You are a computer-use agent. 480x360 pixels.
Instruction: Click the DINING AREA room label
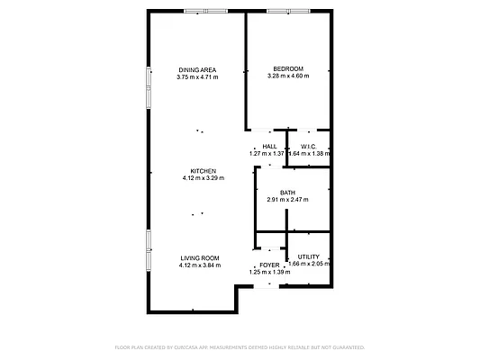(x=197, y=69)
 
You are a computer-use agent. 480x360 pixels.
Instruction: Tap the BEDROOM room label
(x=288, y=69)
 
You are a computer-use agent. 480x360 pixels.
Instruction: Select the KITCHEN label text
(x=203, y=171)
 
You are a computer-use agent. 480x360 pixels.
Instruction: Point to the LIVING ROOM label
(x=200, y=257)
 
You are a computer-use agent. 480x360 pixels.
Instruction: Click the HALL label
(x=268, y=146)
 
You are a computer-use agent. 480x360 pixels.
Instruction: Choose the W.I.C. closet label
(x=309, y=146)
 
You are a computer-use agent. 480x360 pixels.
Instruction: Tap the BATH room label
(x=288, y=192)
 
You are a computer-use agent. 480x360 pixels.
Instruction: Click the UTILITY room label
(x=309, y=256)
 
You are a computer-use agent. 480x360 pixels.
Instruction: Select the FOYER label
(x=269, y=265)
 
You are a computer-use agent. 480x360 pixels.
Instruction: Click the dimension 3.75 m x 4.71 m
(x=197, y=76)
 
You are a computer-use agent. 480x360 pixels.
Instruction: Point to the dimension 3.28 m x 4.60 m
(x=288, y=76)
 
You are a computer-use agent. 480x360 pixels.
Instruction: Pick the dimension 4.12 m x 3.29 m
(x=203, y=178)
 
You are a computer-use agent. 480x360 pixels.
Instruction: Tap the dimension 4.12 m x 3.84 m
(x=200, y=265)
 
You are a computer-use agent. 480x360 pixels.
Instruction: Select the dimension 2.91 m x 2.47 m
(x=288, y=199)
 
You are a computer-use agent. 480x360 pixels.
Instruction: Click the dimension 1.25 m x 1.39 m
(x=269, y=272)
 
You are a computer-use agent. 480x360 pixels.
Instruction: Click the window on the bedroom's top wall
(x=290, y=11)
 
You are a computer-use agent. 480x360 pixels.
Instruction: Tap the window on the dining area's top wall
(x=206, y=11)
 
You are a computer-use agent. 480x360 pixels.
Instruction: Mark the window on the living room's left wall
(x=148, y=249)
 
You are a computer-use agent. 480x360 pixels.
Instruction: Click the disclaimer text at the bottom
(x=240, y=346)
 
